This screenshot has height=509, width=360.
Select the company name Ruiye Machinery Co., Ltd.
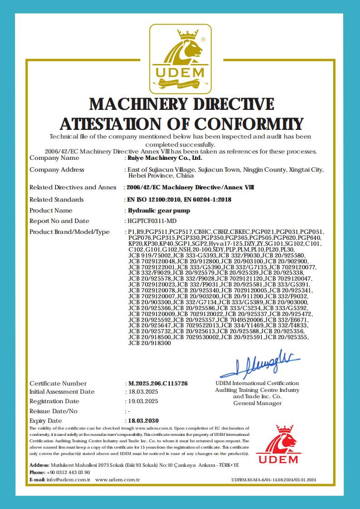coord(165,158)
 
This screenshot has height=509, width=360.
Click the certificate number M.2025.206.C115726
coord(158,383)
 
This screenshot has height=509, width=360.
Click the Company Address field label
coord(57,170)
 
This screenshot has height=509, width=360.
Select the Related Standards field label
coord(57,199)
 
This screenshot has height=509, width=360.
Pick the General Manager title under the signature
coord(257,403)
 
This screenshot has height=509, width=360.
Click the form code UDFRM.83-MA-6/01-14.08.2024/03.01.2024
coord(273,480)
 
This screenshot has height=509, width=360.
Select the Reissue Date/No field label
coord(54,411)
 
